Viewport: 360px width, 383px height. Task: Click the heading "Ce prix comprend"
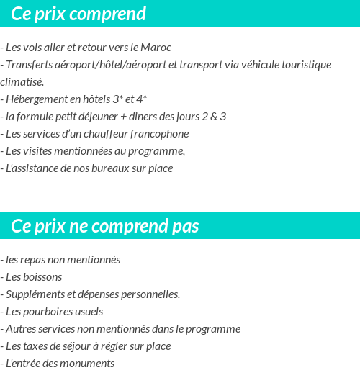[78, 14]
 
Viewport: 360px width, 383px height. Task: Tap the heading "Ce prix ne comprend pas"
[105, 227]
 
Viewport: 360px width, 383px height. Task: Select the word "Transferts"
[30, 65]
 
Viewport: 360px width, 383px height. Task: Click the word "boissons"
[42, 277]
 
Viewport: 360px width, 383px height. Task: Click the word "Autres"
[21, 329]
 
